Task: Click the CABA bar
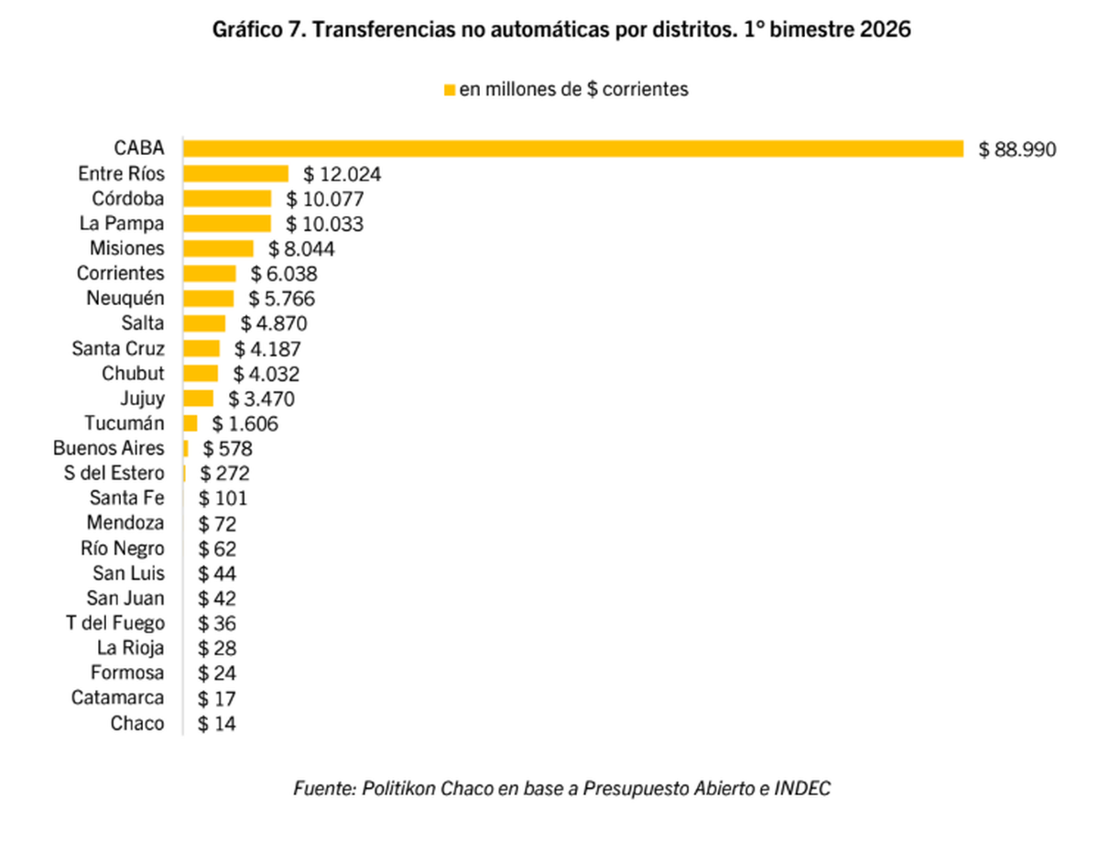coord(573,148)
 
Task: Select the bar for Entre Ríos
coord(236,174)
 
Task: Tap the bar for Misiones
coord(218,248)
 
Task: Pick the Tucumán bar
coord(190,423)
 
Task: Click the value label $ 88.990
coord(1017,149)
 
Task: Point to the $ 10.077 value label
coord(325,199)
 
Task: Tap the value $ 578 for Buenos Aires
coord(227,448)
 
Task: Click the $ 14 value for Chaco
coord(217,724)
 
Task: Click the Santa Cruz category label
coord(118,348)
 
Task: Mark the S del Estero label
coord(109,474)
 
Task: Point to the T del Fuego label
coord(115,623)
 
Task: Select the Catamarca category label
coord(118,698)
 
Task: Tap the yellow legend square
coord(449,90)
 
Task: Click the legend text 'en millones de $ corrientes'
coord(573,90)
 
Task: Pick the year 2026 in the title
coord(887,30)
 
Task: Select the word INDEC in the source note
coord(806,789)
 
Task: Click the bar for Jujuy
coord(199,399)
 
